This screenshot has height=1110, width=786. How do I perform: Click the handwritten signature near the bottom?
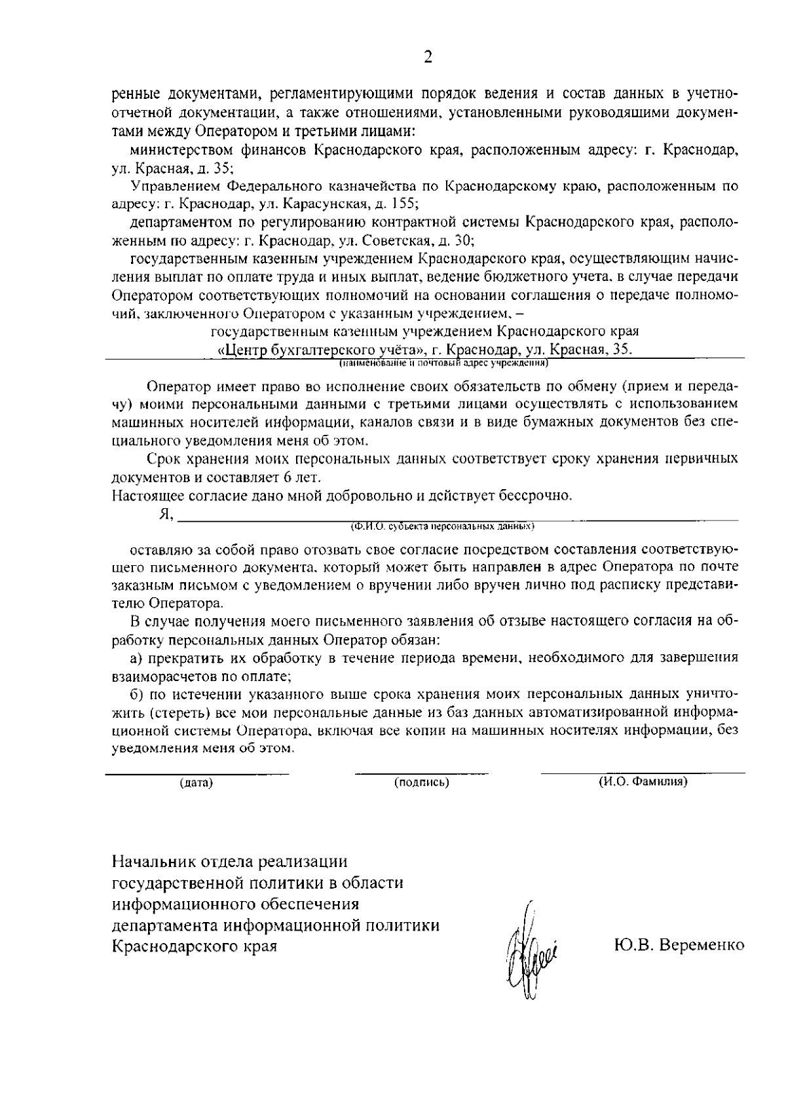tap(529, 952)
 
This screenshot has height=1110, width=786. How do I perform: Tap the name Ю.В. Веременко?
tap(679, 945)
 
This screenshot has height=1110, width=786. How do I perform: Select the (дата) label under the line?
tap(196, 783)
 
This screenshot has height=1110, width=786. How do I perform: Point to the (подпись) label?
tap(421, 783)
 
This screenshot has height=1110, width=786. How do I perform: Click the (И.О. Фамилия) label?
tap(643, 782)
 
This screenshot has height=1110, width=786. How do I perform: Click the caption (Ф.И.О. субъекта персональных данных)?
tap(443, 525)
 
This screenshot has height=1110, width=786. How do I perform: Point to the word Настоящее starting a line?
tap(143, 495)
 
